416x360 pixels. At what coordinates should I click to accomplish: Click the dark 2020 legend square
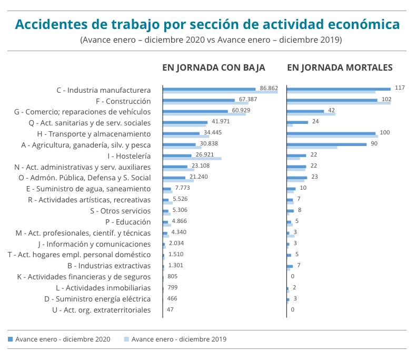pos(10,339)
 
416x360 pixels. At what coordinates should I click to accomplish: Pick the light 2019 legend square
pos(126,339)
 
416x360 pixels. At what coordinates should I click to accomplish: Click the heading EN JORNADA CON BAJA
pos(213,67)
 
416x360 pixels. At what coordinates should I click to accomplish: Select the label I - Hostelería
pos(128,156)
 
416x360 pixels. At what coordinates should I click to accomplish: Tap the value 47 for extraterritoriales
pos(170,310)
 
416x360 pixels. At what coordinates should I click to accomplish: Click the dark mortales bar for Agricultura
pos(326,144)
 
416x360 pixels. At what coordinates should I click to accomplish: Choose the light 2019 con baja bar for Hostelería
pos(192,158)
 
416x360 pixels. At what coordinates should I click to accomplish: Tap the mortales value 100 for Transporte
pos(384,132)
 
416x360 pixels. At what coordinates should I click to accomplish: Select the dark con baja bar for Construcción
pos(199,100)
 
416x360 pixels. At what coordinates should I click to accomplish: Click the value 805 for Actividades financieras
pos(172,277)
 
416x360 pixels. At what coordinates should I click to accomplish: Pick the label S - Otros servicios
pos(121,211)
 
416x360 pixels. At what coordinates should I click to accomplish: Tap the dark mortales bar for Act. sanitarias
pos(298,122)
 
